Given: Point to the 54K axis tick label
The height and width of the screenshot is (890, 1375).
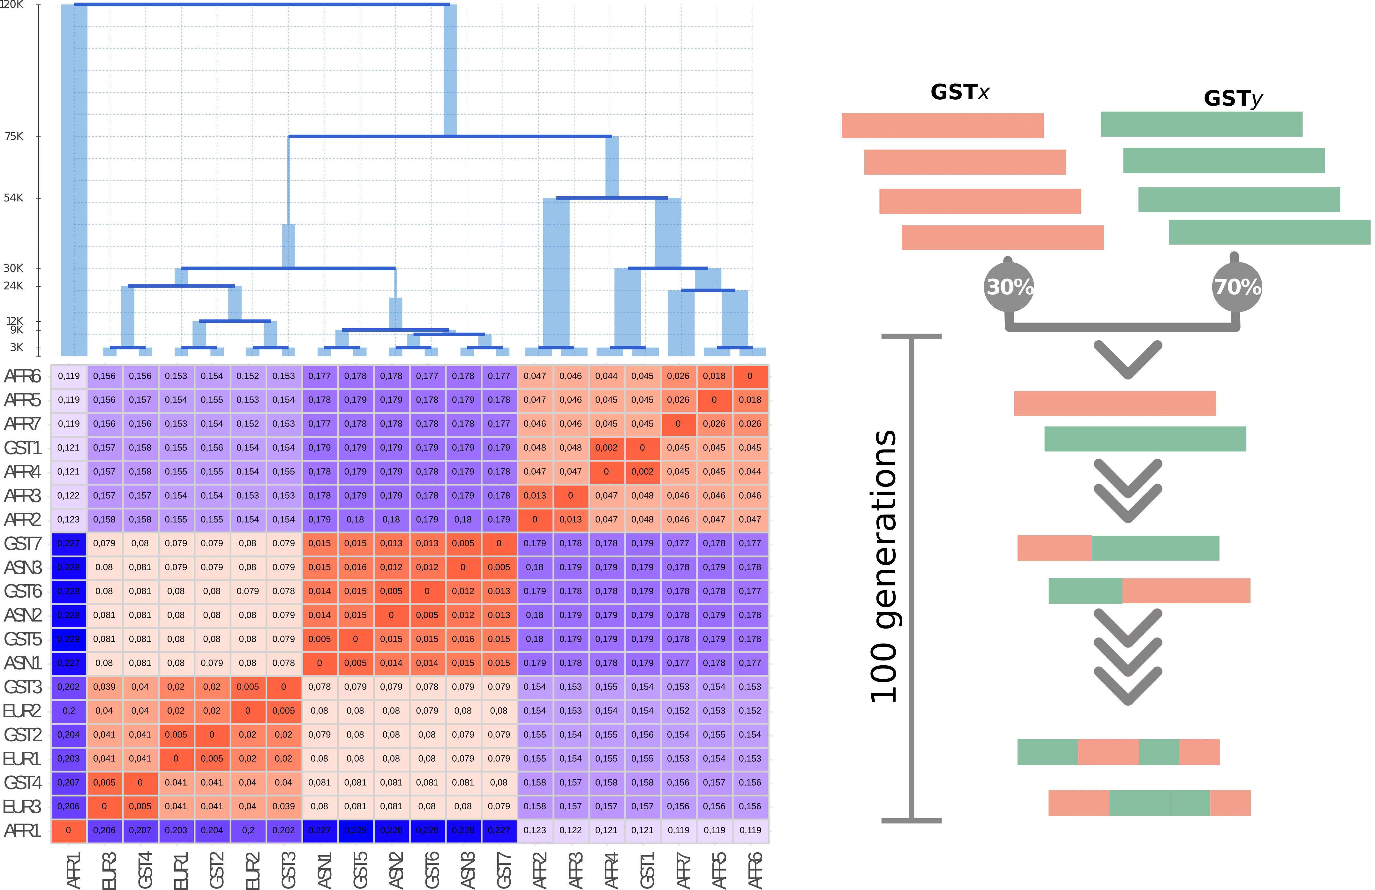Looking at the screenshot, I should [14, 198].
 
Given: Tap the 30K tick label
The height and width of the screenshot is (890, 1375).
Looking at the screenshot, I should [14, 268].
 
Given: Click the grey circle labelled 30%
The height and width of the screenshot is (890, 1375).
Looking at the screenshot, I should [1009, 287].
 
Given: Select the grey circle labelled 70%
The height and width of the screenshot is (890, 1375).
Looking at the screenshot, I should [1237, 287].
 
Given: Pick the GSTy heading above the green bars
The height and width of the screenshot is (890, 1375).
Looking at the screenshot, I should [1233, 98].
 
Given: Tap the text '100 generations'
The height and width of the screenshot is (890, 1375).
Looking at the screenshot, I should [884, 566].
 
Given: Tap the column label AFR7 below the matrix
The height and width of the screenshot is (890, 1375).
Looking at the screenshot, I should [683, 870].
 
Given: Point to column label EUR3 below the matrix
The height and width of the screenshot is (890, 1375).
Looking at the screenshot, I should [109, 870].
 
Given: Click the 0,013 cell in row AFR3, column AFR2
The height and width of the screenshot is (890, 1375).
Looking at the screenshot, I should [535, 496].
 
